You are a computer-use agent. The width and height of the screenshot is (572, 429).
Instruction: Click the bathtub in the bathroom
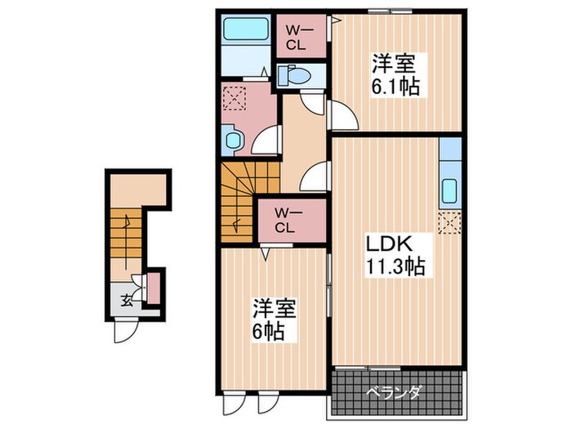(248, 33)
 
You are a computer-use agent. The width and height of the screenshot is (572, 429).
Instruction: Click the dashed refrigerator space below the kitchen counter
(449, 221)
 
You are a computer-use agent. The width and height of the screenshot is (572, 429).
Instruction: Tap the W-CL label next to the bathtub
(296, 37)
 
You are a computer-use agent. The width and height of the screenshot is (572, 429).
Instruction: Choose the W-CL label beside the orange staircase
(284, 220)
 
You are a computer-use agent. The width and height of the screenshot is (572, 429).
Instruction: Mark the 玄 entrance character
(127, 299)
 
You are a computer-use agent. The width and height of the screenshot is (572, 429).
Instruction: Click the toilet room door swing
(312, 104)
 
